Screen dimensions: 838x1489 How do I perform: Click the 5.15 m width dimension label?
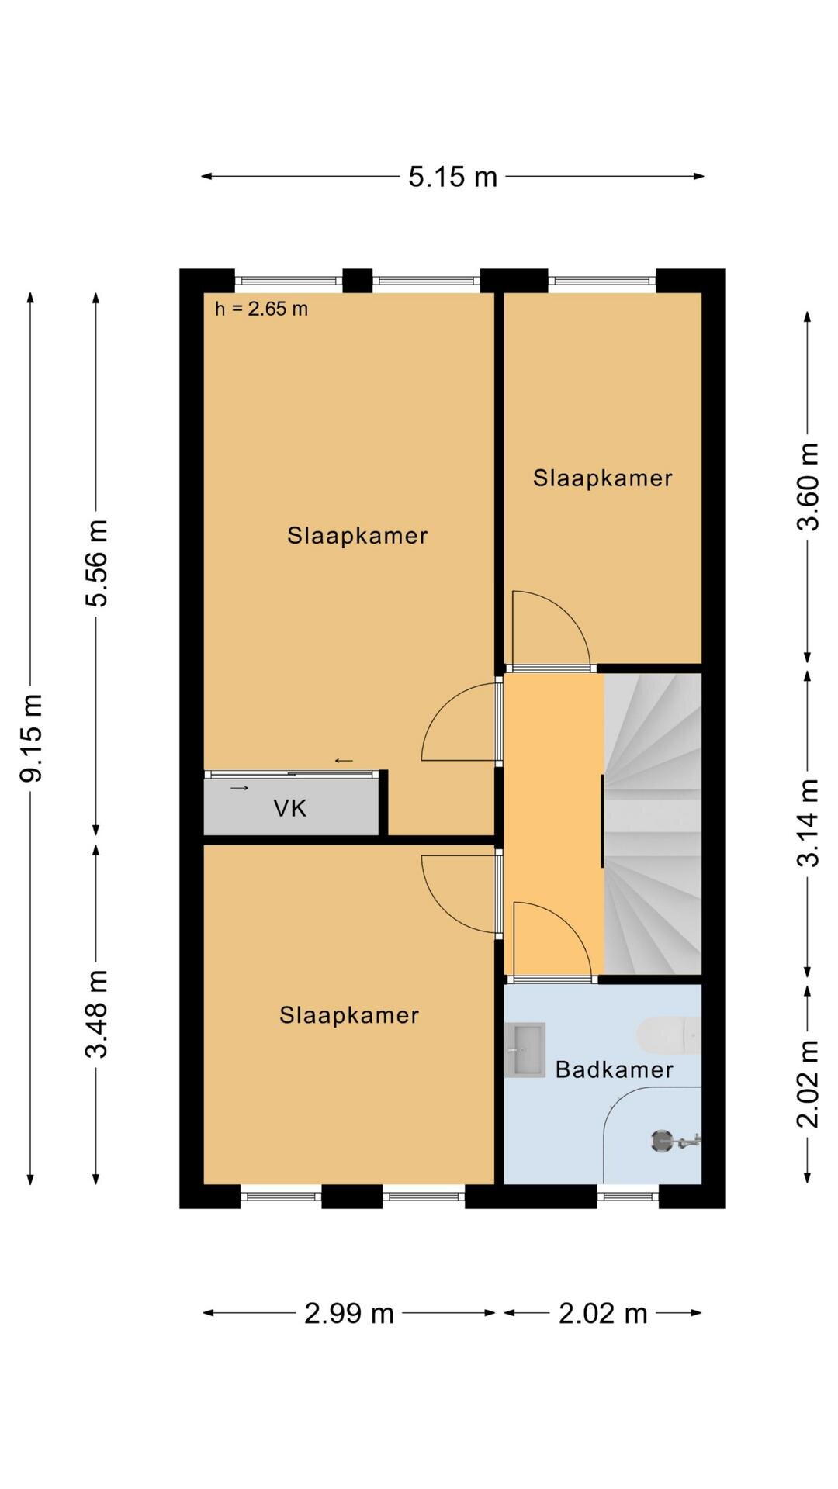click(452, 177)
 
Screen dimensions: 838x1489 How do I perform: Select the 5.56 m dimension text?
click(97, 562)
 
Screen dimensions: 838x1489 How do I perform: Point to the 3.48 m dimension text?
click(97, 1014)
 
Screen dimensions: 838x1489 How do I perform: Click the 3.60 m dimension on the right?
click(808, 486)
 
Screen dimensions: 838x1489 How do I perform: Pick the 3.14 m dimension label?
click(808, 823)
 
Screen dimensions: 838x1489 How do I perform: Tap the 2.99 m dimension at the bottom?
click(349, 1313)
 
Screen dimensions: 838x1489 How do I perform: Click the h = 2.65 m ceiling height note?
click(261, 309)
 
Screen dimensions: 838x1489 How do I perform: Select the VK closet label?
click(290, 809)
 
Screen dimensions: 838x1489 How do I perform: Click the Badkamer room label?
click(615, 1069)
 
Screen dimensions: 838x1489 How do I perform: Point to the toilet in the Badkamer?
click(669, 1036)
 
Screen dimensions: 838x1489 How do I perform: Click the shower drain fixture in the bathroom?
click(662, 1141)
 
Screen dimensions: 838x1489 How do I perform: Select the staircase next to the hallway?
click(653, 824)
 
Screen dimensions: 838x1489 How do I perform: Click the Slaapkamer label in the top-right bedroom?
click(603, 478)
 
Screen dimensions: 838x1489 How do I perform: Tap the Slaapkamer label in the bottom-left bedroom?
click(349, 1014)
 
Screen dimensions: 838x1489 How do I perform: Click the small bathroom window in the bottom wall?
click(628, 1196)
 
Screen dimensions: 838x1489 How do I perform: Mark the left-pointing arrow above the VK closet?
click(344, 761)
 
